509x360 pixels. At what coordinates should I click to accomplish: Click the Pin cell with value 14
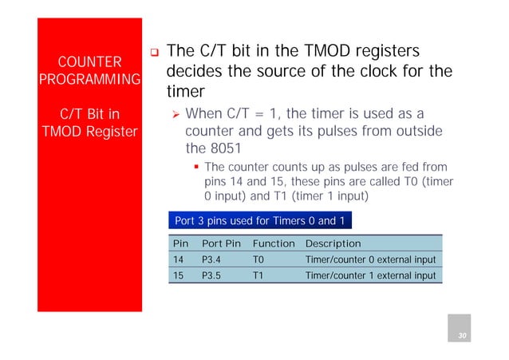coord(179,259)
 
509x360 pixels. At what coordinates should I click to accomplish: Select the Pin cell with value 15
coord(179,276)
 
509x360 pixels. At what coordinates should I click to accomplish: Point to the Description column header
coord(333,243)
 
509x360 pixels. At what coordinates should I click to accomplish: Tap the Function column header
coord(274,243)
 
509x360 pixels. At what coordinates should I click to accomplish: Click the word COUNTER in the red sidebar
coord(89,62)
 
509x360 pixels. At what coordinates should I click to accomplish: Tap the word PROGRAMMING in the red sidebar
coord(89,81)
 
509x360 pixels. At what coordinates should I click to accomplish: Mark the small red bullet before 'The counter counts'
coord(196,168)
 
